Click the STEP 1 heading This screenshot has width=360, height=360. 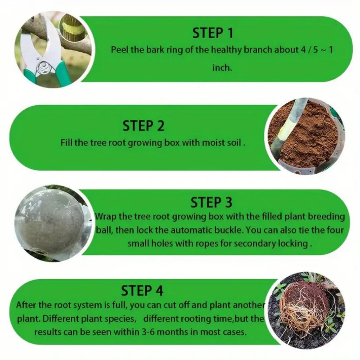click(212, 33)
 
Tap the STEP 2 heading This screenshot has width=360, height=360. click(143, 126)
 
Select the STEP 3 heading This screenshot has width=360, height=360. click(211, 202)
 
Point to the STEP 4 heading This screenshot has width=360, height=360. click(142, 291)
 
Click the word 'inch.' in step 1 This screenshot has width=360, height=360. click(222, 67)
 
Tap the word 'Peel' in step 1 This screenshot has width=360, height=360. click(120, 50)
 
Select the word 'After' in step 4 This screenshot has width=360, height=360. click(25, 305)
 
